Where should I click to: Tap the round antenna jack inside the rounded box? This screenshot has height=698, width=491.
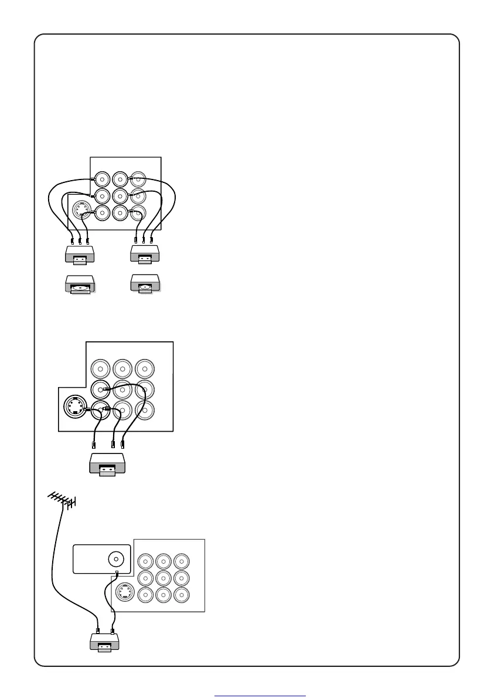(116, 559)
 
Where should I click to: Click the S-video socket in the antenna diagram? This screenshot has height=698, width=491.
(124, 594)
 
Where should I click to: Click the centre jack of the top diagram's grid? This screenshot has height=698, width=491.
(120, 195)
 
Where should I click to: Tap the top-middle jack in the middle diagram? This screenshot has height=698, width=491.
(122, 369)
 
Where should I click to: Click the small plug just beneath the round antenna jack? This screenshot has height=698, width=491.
(117, 572)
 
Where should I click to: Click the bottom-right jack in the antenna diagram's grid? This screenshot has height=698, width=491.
(182, 595)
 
